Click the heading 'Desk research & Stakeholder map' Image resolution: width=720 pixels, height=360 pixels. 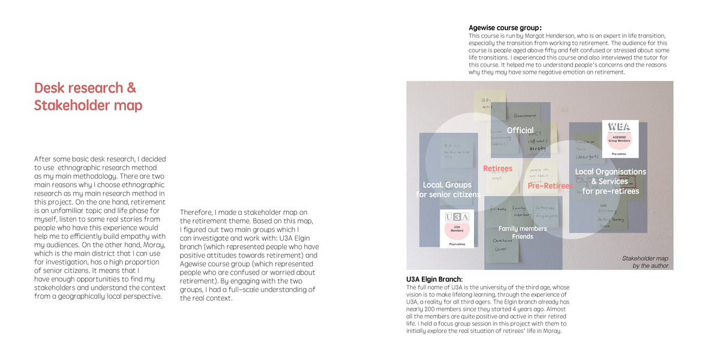pyautogui.click(x=89, y=97)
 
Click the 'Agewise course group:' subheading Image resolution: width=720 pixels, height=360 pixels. pyautogui.click(x=505, y=28)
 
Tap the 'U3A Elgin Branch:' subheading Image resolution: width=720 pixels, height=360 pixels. pyautogui.click(x=434, y=279)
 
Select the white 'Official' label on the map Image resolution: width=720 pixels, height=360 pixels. pyautogui.click(x=520, y=130)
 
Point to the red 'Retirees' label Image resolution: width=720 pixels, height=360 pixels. pyautogui.click(x=497, y=169)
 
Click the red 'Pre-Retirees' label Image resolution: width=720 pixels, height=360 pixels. pyautogui.click(x=550, y=186)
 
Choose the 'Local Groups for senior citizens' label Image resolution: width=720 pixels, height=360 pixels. pyautogui.click(x=448, y=190)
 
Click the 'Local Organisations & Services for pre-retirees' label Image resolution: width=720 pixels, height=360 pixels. pyautogui.click(x=610, y=181)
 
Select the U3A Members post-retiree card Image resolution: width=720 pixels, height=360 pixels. pyautogui.click(x=457, y=228)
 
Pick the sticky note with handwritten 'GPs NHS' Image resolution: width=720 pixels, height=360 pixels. pyautogui.click(x=487, y=103)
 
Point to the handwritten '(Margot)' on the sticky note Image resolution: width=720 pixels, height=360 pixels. pyautogui.click(x=587, y=157)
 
